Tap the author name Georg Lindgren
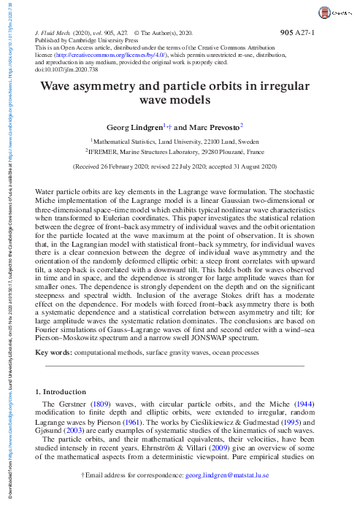click(134, 126)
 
